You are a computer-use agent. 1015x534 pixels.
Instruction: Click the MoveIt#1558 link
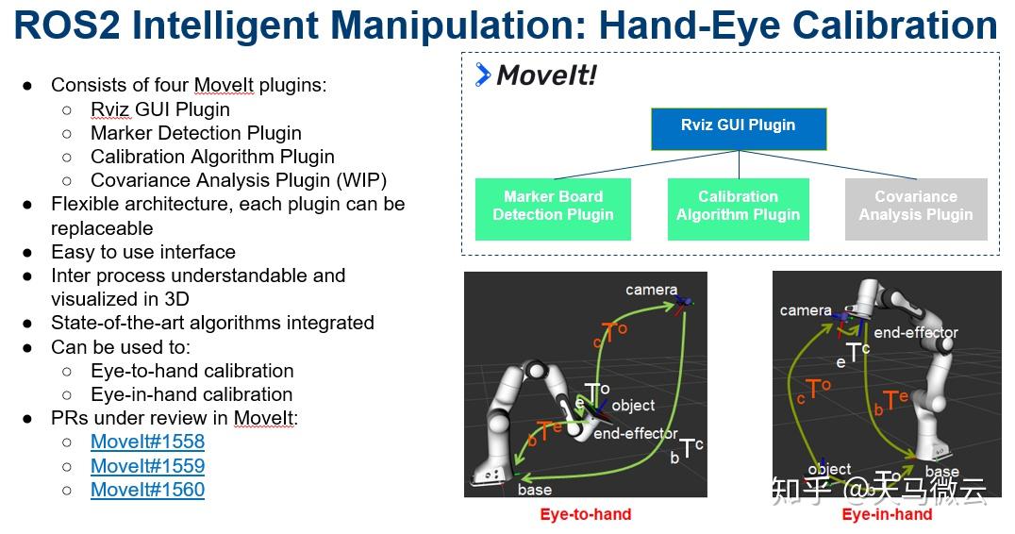147,442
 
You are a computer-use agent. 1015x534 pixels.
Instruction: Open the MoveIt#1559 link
147,466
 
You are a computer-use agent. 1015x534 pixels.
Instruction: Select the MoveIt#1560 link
147,490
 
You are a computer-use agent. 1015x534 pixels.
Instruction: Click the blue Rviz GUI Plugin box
738,128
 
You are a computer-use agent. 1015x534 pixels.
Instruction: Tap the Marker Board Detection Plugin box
553,206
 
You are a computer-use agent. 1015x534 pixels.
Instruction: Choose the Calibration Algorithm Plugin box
738,206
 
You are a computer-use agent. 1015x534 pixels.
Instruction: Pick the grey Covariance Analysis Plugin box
915,206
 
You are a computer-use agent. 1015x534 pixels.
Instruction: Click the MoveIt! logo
536,75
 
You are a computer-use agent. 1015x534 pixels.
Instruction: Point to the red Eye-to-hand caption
585,515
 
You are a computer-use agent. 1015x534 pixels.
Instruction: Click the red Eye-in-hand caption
887,515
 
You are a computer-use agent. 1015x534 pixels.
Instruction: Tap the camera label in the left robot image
651,290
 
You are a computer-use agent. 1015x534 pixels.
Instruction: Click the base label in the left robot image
535,490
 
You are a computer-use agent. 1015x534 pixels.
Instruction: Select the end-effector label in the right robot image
915,332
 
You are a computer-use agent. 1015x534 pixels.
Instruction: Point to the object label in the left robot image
633,406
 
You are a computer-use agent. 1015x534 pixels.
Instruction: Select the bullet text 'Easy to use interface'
143,252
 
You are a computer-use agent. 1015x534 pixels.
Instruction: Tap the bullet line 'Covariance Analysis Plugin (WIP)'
239,180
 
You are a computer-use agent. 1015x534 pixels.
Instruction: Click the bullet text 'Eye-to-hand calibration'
191,371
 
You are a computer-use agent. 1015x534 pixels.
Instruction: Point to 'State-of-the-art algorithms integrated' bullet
212,323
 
